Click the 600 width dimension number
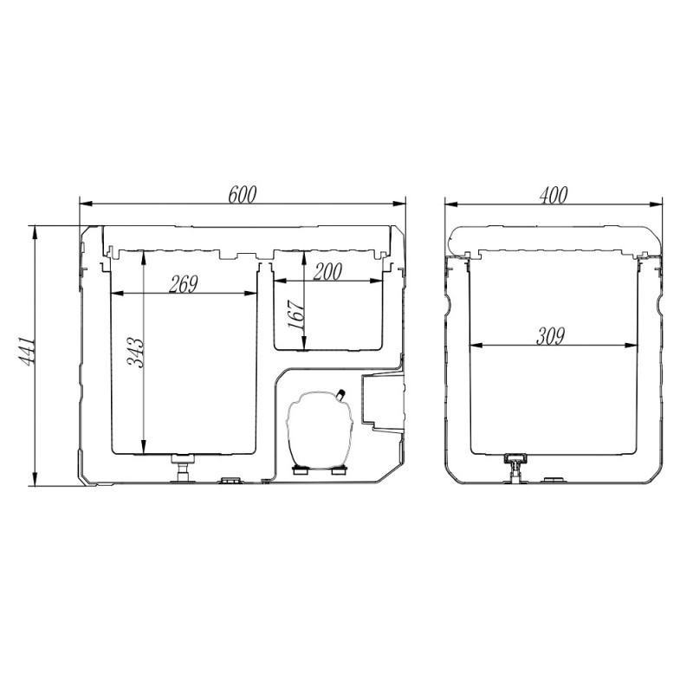pos(242,195)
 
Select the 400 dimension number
pos(553,195)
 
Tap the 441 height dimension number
pos(26,352)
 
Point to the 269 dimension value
pos(183,284)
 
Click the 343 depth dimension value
pos(135,353)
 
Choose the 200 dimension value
pos(327,272)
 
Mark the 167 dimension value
pos(295,314)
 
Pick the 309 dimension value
pos(550,336)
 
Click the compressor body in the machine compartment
pos(320,430)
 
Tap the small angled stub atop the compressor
pos(340,394)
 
